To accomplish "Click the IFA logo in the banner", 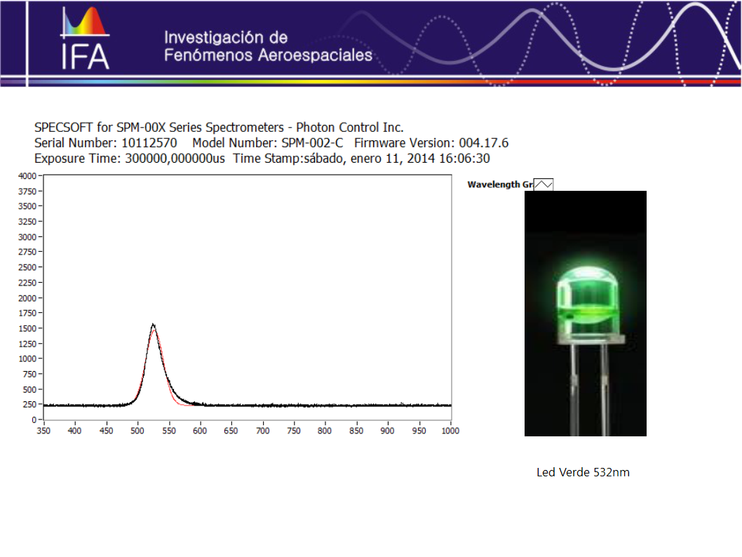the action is coord(85,38).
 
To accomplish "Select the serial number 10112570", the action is coord(149,143).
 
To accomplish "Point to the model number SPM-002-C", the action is coord(312,143).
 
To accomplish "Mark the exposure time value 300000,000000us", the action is coord(175,159).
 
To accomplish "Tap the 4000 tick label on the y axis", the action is coord(27,175).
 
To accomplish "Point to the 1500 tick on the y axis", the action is coord(27,328).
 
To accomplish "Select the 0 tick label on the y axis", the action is coord(34,420).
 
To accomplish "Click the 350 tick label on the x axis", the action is coord(43,431).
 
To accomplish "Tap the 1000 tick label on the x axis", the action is coord(450,431).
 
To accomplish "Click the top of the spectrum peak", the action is coord(153,324).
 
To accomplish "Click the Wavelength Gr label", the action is coord(500,184).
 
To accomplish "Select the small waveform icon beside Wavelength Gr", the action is coord(544,184).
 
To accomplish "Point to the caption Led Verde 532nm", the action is coord(583,472).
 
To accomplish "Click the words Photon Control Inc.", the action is coord(350,127).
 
